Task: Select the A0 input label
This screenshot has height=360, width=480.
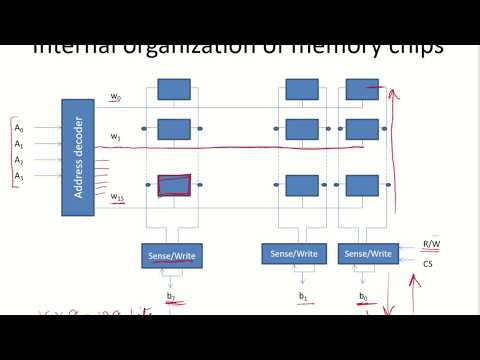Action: pyautogui.click(x=18, y=128)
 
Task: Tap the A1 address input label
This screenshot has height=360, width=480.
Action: pyautogui.click(x=18, y=144)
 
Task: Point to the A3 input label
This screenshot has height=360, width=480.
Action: pyautogui.click(x=18, y=176)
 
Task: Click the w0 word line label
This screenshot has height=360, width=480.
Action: pyautogui.click(x=116, y=97)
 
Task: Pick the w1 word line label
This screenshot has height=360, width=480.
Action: pyautogui.click(x=116, y=135)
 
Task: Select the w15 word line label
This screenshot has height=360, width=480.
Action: pyautogui.click(x=118, y=197)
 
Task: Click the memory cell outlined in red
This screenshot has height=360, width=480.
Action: pyautogui.click(x=174, y=185)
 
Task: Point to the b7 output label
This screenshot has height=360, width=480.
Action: pyautogui.click(x=171, y=297)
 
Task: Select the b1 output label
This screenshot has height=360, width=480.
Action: pyautogui.click(x=302, y=297)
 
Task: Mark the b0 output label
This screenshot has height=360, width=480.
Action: pyautogui.click(x=363, y=297)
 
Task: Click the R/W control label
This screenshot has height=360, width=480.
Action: pyautogui.click(x=432, y=243)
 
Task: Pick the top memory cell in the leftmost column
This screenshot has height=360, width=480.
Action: pyautogui.click(x=174, y=89)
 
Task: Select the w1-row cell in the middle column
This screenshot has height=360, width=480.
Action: pyautogui.click(x=302, y=129)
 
